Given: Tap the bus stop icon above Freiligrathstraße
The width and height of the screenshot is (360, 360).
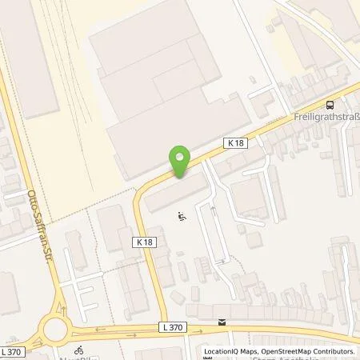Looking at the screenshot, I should (x=330, y=104).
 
